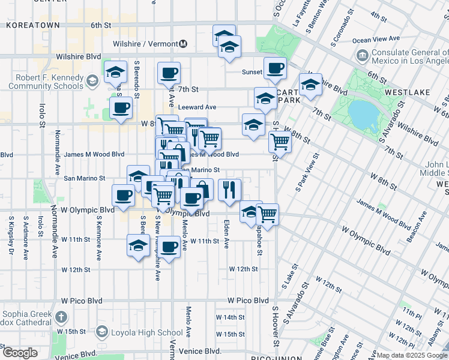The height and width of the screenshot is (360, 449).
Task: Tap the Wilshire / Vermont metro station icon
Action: click(x=183, y=44)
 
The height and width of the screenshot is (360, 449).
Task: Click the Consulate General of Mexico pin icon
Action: click(x=362, y=56)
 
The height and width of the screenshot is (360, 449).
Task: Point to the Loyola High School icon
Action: click(x=101, y=332)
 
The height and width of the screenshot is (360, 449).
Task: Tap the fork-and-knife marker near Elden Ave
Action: click(x=229, y=190)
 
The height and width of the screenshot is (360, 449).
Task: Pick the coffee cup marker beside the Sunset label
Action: click(x=275, y=68)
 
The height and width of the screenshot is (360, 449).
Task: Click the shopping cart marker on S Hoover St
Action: click(x=279, y=142)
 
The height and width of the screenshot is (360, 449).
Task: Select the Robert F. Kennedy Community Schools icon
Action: click(x=92, y=80)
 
